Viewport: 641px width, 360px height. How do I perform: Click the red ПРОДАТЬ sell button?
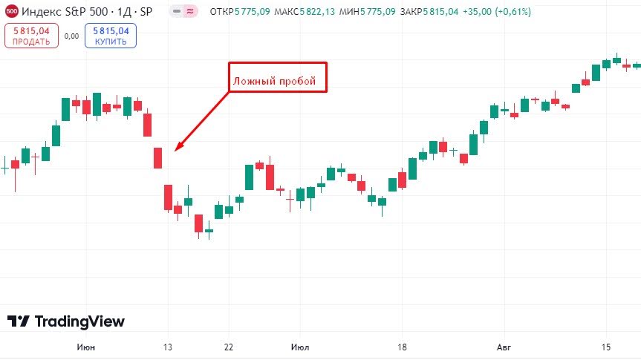31,36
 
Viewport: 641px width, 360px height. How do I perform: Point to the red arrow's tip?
176,151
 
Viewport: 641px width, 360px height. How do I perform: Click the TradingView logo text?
66,321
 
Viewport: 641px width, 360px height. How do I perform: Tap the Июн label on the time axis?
86,347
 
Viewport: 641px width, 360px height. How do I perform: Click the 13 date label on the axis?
168,347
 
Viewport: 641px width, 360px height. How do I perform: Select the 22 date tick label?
229,347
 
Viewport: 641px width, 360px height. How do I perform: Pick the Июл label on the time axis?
300,347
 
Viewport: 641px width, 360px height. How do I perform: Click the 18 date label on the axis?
402,347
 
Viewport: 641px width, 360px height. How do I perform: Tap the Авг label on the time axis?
504,347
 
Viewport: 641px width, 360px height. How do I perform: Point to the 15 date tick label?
606,347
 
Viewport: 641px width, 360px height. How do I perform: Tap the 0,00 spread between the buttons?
71,36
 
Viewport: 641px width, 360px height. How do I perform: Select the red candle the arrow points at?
157,158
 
